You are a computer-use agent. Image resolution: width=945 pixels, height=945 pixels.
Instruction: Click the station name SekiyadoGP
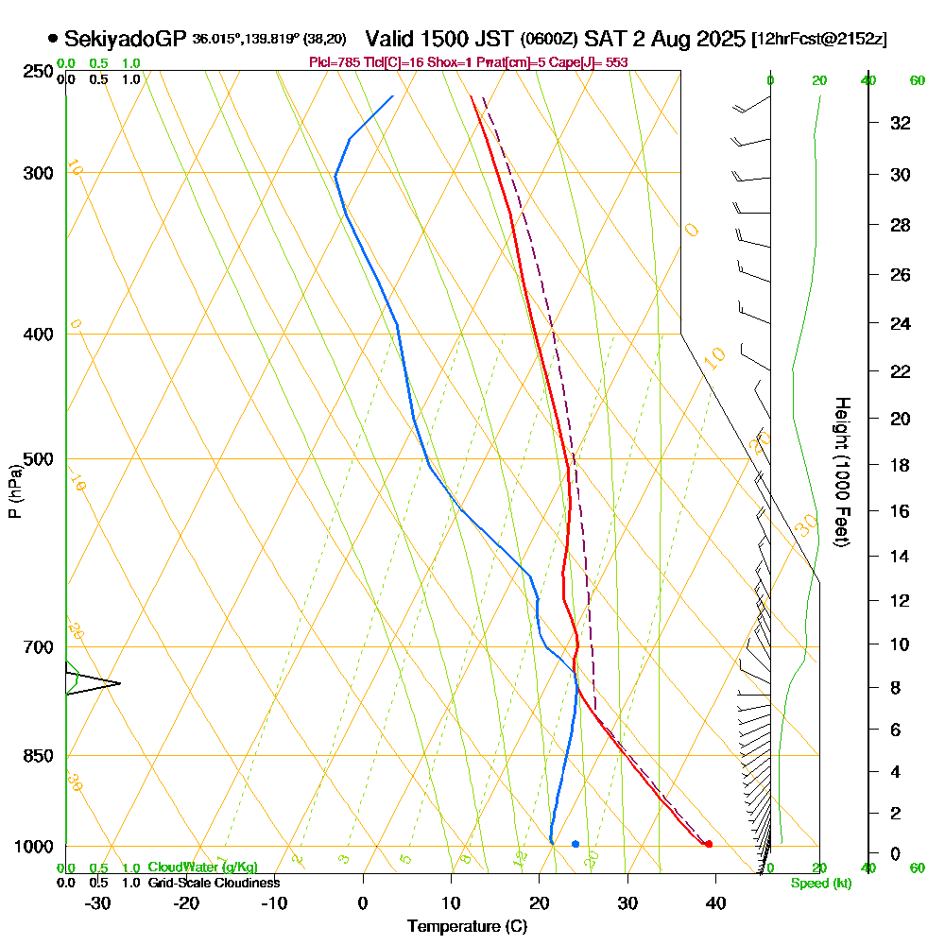click(125, 39)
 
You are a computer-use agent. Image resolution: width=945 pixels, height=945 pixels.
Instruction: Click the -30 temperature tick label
click(98, 903)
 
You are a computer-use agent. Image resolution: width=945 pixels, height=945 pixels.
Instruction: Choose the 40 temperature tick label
click(715, 903)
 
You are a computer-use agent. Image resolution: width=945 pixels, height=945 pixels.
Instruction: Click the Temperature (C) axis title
click(467, 927)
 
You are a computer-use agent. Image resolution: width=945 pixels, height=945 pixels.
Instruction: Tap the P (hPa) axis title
click(14, 491)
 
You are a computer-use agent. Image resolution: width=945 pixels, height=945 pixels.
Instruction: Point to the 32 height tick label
click(901, 123)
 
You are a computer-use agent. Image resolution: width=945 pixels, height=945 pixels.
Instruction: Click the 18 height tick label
click(901, 465)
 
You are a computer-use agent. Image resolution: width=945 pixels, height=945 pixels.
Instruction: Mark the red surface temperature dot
click(709, 844)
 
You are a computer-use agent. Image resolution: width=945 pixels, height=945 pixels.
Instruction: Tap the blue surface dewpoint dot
click(576, 844)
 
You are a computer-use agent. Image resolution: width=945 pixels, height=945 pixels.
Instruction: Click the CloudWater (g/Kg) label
click(202, 868)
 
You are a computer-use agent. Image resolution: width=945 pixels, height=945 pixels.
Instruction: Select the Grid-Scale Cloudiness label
click(214, 883)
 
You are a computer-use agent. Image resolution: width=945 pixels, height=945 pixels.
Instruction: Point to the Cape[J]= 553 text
click(593, 62)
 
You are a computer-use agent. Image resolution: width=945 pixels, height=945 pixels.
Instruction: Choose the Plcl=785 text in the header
click(334, 62)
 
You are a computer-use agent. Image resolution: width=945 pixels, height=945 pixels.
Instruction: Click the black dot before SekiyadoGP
click(52, 39)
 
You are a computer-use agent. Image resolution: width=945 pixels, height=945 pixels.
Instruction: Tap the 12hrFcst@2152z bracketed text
click(818, 40)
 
